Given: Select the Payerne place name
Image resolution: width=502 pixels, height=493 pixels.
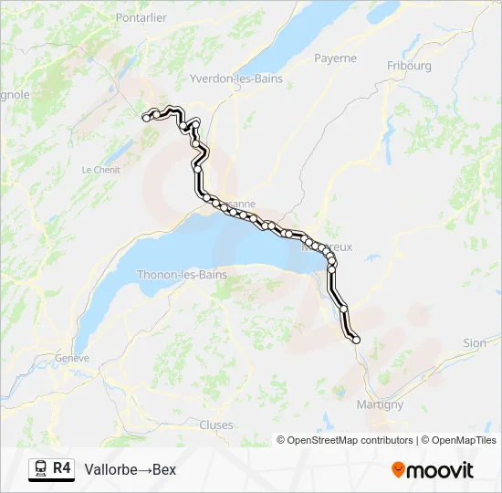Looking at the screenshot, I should [335, 58].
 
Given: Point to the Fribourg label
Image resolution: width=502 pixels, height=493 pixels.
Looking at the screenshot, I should [409, 66].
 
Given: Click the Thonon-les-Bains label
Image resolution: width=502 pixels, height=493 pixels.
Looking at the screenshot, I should [182, 274].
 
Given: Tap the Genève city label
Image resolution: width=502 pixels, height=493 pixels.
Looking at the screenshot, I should [72, 358].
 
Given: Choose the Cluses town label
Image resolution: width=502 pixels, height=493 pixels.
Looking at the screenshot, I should [216, 425].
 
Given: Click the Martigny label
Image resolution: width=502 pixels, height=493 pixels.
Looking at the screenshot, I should [381, 404].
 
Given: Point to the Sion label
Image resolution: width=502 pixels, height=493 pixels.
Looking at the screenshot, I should [475, 343].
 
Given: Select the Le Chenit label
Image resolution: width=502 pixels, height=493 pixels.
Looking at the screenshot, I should [100, 170].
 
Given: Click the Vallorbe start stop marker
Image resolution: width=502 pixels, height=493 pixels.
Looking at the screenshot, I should [146, 118].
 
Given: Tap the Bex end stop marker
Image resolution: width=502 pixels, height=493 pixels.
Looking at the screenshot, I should [356, 340].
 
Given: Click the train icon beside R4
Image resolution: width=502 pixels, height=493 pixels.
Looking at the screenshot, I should [41, 469].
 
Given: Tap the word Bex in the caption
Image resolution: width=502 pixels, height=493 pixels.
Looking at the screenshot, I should [164, 470].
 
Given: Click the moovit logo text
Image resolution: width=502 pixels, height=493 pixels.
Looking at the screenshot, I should [440, 470].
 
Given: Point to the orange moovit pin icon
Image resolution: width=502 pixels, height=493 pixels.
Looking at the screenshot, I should [397, 469].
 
